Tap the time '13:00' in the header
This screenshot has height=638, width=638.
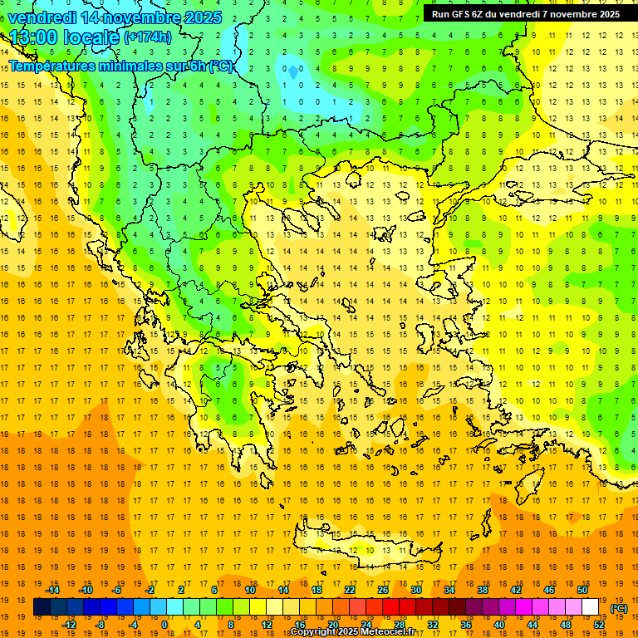coord(36,37)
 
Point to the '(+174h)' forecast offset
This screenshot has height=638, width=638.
coord(148,37)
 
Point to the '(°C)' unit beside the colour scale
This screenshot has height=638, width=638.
coord(619,608)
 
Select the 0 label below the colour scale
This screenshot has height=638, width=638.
coord(165,625)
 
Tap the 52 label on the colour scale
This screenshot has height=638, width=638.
coord(599,625)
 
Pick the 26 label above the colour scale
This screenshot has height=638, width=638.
coord(383,590)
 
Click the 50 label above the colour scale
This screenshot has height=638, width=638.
coord(582,590)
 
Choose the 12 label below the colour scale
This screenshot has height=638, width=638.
coord(267,625)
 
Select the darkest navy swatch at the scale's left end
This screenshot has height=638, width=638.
coord(42,607)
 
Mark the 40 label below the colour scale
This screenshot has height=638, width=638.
coord(499,625)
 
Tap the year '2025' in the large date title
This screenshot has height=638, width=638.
coord(200,17)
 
